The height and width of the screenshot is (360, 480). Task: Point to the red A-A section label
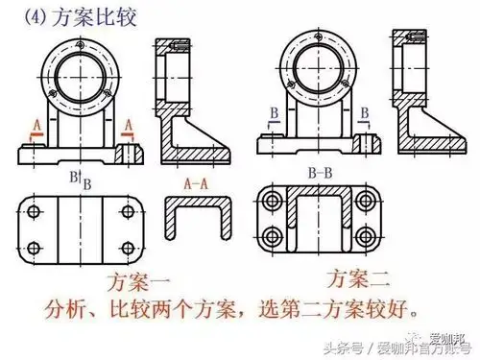[197, 181]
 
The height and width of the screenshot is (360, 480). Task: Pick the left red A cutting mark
[36, 125]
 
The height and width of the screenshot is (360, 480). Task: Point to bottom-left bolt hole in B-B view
[275, 236]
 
